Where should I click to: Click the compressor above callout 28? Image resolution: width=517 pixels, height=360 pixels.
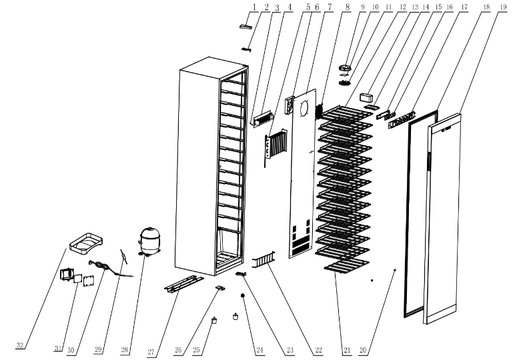(150, 241)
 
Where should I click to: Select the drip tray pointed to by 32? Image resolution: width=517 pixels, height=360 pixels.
(86, 243)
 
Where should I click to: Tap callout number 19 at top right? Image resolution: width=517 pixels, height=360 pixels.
(503, 7)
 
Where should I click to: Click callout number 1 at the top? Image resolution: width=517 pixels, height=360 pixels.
(254, 7)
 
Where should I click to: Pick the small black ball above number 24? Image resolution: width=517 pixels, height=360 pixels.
(243, 296)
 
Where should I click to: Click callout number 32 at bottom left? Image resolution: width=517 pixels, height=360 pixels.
(20, 345)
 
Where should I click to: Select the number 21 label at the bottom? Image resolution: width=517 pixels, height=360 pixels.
(347, 350)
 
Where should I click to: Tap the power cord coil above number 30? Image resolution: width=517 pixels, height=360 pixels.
(98, 265)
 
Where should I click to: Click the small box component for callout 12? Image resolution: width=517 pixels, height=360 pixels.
(366, 98)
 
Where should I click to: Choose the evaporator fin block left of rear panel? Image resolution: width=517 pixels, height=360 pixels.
(276, 145)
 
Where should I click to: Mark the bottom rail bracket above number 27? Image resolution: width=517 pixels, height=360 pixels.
(184, 284)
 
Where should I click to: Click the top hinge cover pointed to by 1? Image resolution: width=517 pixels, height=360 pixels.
(245, 27)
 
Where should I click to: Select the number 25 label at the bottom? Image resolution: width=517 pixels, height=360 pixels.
(196, 350)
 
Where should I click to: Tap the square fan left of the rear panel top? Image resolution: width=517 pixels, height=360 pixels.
(290, 105)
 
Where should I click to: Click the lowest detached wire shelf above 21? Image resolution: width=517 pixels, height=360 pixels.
(346, 265)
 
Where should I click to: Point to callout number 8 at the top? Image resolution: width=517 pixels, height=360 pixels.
(348, 7)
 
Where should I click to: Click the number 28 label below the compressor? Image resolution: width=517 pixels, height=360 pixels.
(124, 350)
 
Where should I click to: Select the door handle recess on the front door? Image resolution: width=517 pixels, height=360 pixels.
(430, 161)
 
